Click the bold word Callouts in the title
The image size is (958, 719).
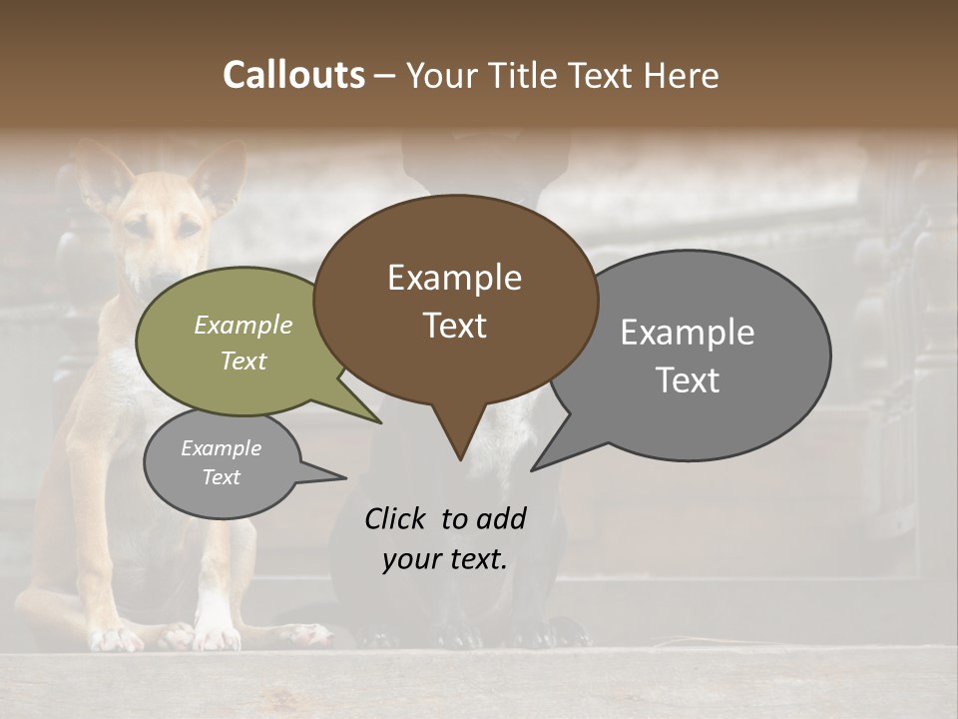(x=293, y=76)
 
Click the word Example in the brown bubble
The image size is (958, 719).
(x=454, y=278)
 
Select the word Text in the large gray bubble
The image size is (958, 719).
(x=688, y=380)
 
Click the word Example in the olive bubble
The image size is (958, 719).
(x=243, y=326)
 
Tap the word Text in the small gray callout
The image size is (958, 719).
(x=222, y=477)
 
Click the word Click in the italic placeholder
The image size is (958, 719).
(x=394, y=518)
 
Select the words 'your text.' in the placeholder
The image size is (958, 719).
(x=445, y=559)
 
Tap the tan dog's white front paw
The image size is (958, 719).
(x=215, y=629)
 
